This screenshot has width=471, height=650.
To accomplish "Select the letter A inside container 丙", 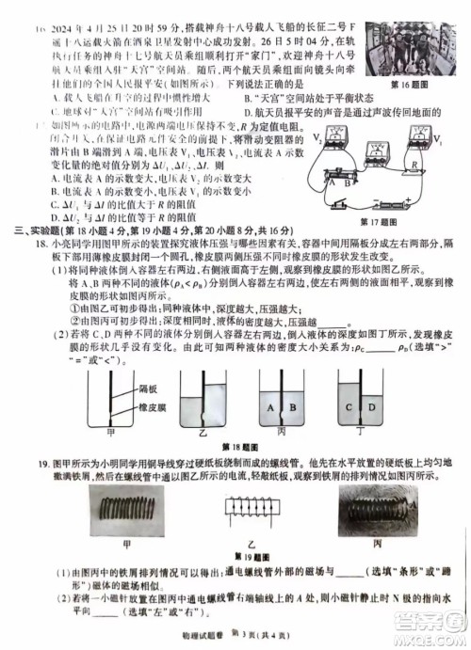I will [271, 407].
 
